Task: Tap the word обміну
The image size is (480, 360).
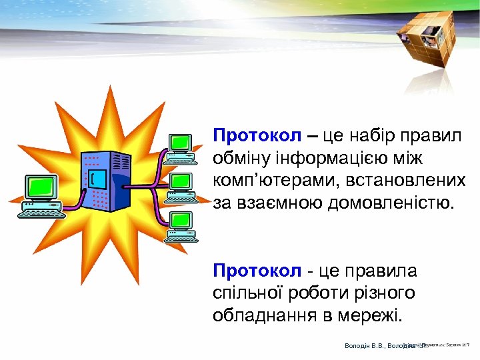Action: (x=241, y=159)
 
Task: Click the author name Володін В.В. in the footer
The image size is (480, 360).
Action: (x=364, y=345)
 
